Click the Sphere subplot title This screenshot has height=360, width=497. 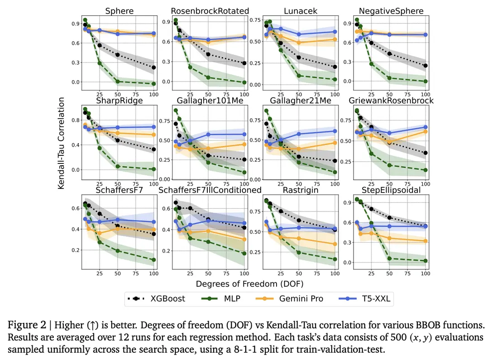[116, 11]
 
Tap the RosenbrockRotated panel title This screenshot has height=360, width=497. [210, 11]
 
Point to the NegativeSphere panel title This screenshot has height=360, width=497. [391, 11]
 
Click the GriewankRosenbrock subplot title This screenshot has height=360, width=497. [391, 100]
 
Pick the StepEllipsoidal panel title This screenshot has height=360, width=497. [391, 190]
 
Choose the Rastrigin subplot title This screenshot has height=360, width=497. [300, 190]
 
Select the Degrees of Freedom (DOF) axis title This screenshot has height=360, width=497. [249, 284]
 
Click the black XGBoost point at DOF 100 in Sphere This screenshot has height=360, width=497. [154, 67]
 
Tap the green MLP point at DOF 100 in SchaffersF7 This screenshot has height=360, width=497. [154, 260]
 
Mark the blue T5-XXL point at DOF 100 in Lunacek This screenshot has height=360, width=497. [335, 32]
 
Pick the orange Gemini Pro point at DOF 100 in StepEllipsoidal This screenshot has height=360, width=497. [425, 241]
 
